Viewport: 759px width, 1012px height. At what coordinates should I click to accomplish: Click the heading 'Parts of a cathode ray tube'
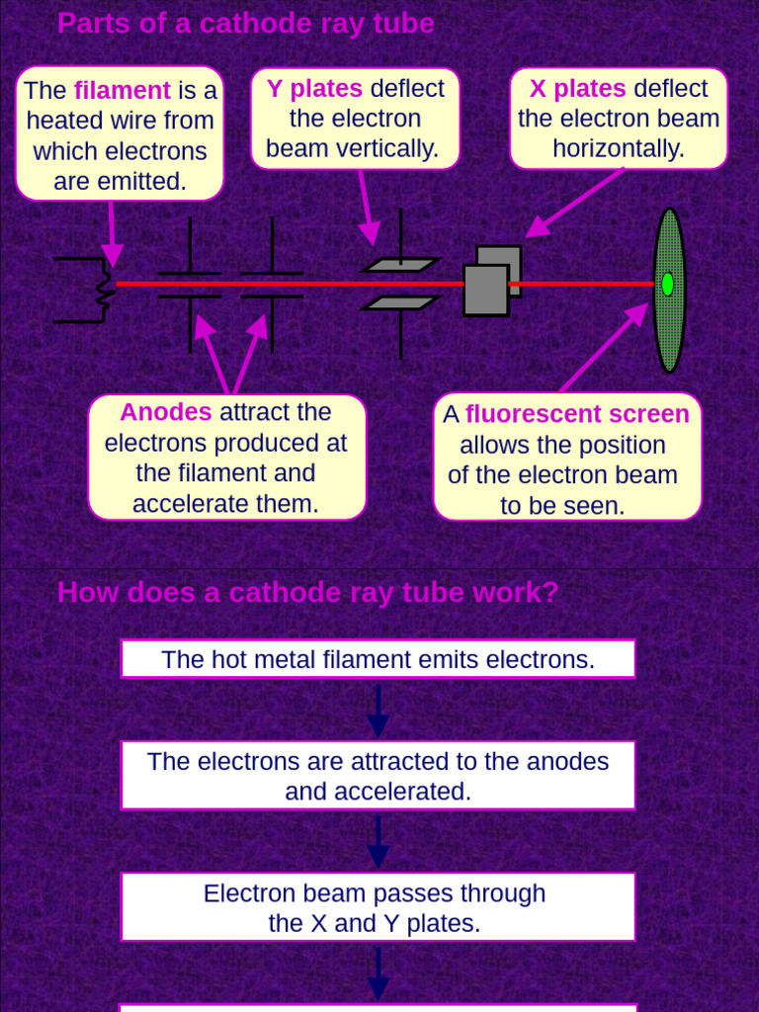[245, 24]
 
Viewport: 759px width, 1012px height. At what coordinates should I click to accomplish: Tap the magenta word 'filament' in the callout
[123, 91]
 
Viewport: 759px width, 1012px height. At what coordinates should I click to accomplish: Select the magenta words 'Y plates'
[314, 88]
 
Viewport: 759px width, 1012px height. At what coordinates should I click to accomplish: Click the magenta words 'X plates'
[577, 89]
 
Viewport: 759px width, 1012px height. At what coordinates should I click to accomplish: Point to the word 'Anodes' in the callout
[166, 412]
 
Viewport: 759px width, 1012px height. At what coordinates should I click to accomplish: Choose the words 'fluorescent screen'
[577, 414]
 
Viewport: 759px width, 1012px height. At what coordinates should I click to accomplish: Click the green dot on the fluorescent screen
[668, 284]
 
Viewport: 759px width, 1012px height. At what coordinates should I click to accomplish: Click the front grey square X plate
[486, 290]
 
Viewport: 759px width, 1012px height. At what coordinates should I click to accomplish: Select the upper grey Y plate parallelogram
[399, 265]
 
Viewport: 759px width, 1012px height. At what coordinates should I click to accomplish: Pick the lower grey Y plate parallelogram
[399, 302]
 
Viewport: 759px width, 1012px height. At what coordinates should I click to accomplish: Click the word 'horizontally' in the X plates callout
[619, 149]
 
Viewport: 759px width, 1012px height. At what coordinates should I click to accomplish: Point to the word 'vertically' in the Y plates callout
[389, 149]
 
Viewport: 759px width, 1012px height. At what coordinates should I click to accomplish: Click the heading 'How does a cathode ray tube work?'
[308, 593]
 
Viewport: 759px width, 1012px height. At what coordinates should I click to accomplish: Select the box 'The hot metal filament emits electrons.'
[378, 659]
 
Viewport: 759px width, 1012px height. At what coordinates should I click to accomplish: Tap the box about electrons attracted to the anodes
[378, 776]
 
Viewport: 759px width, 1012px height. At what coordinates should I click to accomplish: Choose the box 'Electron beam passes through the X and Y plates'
[378, 907]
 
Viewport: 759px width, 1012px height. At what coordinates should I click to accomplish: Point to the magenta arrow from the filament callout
[112, 233]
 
